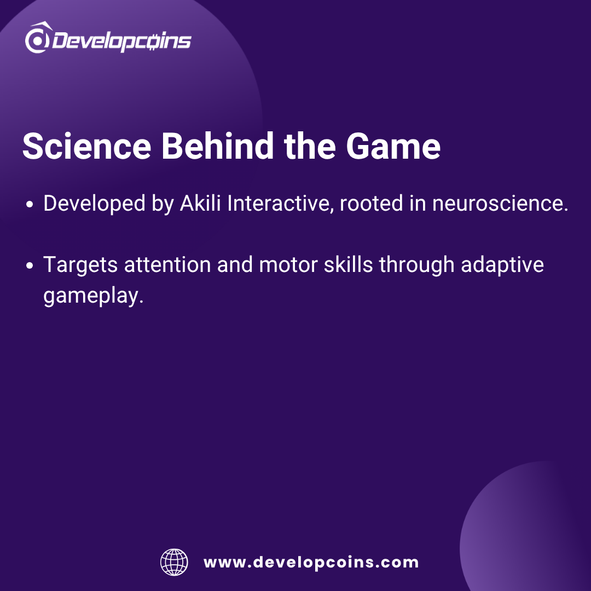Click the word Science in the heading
point(87,146)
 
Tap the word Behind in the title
point(217,146)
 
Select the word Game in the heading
point(393,146)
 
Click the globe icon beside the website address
point(174,562)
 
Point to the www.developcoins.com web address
point(311,563)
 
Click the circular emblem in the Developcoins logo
point(38,38)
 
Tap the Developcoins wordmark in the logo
point(121,40)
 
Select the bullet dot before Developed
point(30,205)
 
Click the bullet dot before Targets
point(30,266)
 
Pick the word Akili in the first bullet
point(200,203)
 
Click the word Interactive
point(280,204)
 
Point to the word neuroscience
point(500,204)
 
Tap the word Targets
point(80,265)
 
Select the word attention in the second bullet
point(167,265)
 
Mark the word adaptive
point(502,265)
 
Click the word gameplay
point(94,296)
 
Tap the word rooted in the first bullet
point(371,204)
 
